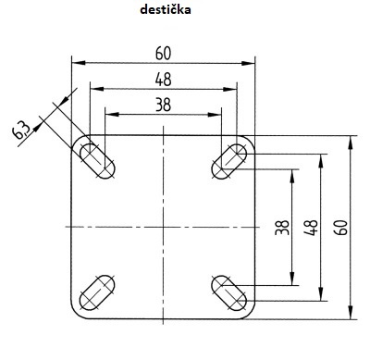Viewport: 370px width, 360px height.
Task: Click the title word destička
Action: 166,9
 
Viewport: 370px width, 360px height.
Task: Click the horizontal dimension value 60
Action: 163,53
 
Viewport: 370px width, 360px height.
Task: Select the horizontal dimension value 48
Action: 163,80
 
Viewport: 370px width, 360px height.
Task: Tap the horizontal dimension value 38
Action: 163,105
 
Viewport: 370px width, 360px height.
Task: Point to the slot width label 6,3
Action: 21,130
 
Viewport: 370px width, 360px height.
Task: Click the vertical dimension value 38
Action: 282,228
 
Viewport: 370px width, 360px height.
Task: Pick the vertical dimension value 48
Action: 311,228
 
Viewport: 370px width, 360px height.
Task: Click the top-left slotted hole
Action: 97,161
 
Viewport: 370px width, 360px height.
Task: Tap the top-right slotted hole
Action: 229,161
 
